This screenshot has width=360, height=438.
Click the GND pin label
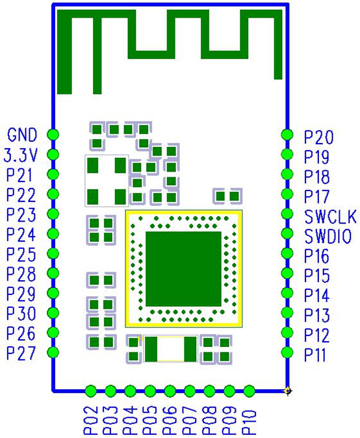pyautogui.click(x=22, y=135)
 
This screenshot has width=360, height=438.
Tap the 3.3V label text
pyautogui.click(x=20, y=155)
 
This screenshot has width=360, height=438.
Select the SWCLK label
pyautogui.click(x=330, y=216)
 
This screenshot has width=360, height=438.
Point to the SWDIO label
pyautogui.click(x=328, y=237)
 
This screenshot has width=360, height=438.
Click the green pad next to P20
pyautogui.click(x=287, y=135)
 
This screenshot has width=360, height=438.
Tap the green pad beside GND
pyautogui.click(x=53, y=135)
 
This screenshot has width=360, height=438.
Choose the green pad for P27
pyautogui.click(x=53, y=352)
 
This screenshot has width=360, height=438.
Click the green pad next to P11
pyautogui.click(x=287, y=352)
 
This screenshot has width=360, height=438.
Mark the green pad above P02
pyautogui.click(x=91, y=391)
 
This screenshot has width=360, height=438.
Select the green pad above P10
pyautogui.click(x=250, y=391)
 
